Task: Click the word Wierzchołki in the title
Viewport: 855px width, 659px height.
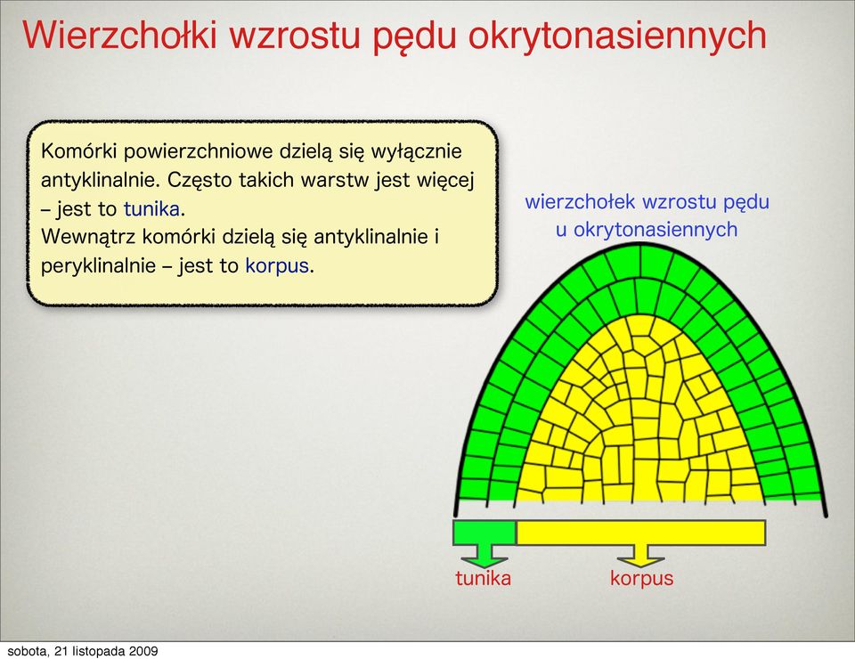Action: click(120, 35)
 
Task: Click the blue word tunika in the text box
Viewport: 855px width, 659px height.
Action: click(151, 208)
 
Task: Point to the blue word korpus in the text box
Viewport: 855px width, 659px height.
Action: click(277, 266)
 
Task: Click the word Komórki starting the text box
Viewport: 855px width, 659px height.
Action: click(78, 151)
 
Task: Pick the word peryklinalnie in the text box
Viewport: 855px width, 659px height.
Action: click(98, 266)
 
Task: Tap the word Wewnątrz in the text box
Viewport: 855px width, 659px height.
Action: click(88, 237)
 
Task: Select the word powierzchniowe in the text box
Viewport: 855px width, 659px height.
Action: click(198, 152)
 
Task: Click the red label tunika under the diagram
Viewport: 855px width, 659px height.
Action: click(483, 578)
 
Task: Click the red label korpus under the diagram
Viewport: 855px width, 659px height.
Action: click(642, 579)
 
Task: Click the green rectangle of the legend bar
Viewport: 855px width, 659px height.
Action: click(484, 533)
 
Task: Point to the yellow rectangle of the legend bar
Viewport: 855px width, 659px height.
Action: click(640, 533)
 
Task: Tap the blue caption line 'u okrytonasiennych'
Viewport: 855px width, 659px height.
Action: click(647, 230)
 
